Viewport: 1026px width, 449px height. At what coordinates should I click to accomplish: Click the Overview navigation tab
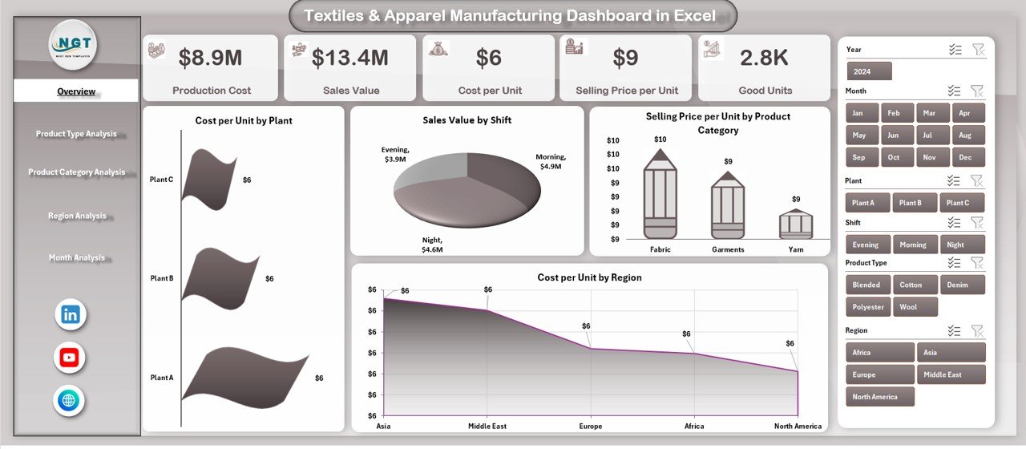76,91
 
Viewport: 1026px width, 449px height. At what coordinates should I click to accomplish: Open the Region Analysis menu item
77,216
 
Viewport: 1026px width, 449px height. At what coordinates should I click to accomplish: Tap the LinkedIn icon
71,314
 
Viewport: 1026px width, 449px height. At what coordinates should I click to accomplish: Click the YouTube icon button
70,358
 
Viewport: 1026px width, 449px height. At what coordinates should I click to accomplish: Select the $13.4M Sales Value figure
349,58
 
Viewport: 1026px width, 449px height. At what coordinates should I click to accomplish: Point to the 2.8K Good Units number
764,58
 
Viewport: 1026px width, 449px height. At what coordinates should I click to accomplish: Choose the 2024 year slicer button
862,71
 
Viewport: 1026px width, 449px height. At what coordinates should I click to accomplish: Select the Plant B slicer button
909,203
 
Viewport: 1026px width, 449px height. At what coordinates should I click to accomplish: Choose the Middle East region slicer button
951,374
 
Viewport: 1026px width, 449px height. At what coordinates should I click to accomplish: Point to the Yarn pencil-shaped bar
796,224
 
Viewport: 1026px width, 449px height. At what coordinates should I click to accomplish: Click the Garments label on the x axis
728,249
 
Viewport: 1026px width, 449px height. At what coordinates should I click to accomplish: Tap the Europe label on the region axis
591,426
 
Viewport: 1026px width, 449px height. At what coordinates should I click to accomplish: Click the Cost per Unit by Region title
589,277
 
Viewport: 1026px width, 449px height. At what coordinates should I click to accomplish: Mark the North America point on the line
798,371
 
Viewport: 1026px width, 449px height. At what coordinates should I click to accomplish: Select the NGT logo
72,45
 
